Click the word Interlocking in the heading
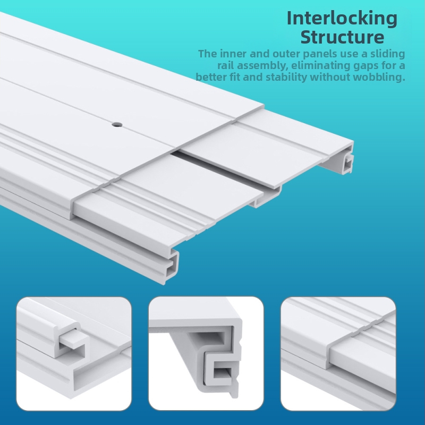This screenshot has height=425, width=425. [342, 19]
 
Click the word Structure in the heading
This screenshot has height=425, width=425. [342, 37]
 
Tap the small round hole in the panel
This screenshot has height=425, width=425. [117, 125]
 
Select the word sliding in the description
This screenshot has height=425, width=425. [388, 54]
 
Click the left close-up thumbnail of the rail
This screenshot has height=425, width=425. [74, 354]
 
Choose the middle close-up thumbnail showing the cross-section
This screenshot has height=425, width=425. [206, 354]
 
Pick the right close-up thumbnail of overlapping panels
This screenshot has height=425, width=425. [338, 354]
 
